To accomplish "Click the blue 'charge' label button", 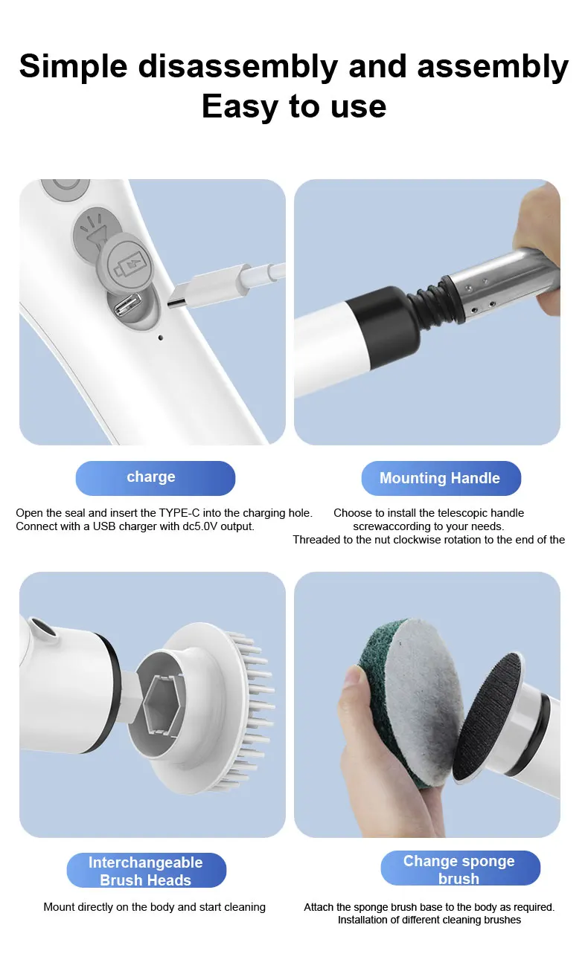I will pos(155,477).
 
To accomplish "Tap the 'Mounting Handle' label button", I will pos(441,478).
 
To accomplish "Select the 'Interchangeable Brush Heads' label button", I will pos(146,871).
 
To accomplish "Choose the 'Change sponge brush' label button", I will pos(460,869).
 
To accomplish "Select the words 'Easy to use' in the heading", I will pos(293,106).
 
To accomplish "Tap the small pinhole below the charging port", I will pos(161,338).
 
